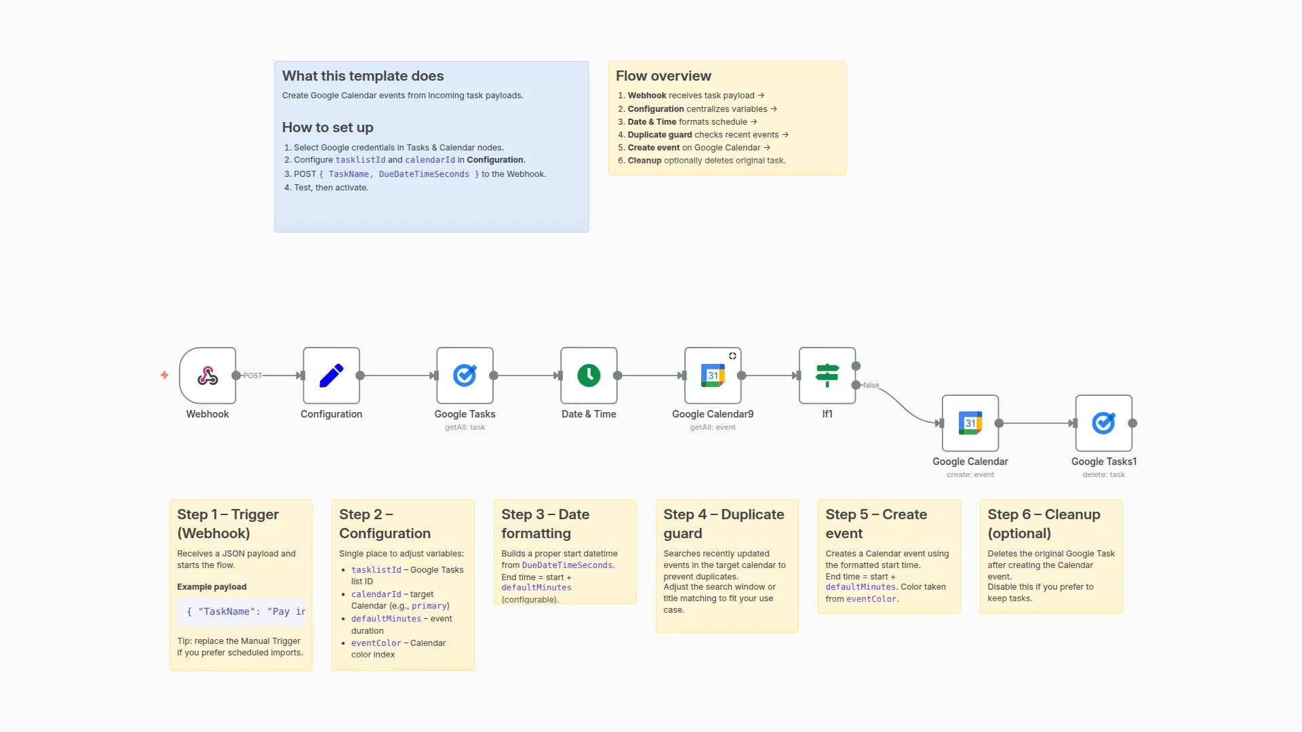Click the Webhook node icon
point(208,375)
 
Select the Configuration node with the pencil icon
point(331,375)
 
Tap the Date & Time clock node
point(589,375)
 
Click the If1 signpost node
point(827,375)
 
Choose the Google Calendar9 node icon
point(712,375)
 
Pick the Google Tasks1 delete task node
point(1103,423)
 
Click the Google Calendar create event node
point(970,423)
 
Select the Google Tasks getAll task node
point(465,375)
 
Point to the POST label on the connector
point(252,375)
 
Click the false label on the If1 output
point(871,385)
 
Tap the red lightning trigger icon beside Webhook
point(164,375)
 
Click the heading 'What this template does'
point(363,76)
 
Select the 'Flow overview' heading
point(663,76)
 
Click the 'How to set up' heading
point(328,127)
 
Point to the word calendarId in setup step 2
point(430,160)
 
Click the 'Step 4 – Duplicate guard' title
point(724,523)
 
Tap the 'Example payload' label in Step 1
point(212,587)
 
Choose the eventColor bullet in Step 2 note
point(376,643)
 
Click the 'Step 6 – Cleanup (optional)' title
point(1044,523)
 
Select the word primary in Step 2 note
point(429,606)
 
